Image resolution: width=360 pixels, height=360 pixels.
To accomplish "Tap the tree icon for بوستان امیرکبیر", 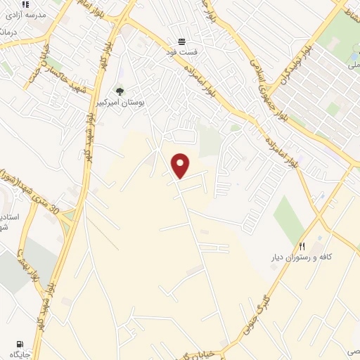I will pyautogui.click(x=120, y=91).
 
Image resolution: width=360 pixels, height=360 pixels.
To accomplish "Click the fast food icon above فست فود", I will pyautogui.click(x=181, y=41).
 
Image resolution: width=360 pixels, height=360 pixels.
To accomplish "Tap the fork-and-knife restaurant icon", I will pyautogui.click(x=302, y=246).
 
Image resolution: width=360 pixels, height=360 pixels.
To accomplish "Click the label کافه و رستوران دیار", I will pyautogui.click(x=302, y=257).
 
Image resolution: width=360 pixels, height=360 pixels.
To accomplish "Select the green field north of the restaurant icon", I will pyautogui.click(x=288, y=217).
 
